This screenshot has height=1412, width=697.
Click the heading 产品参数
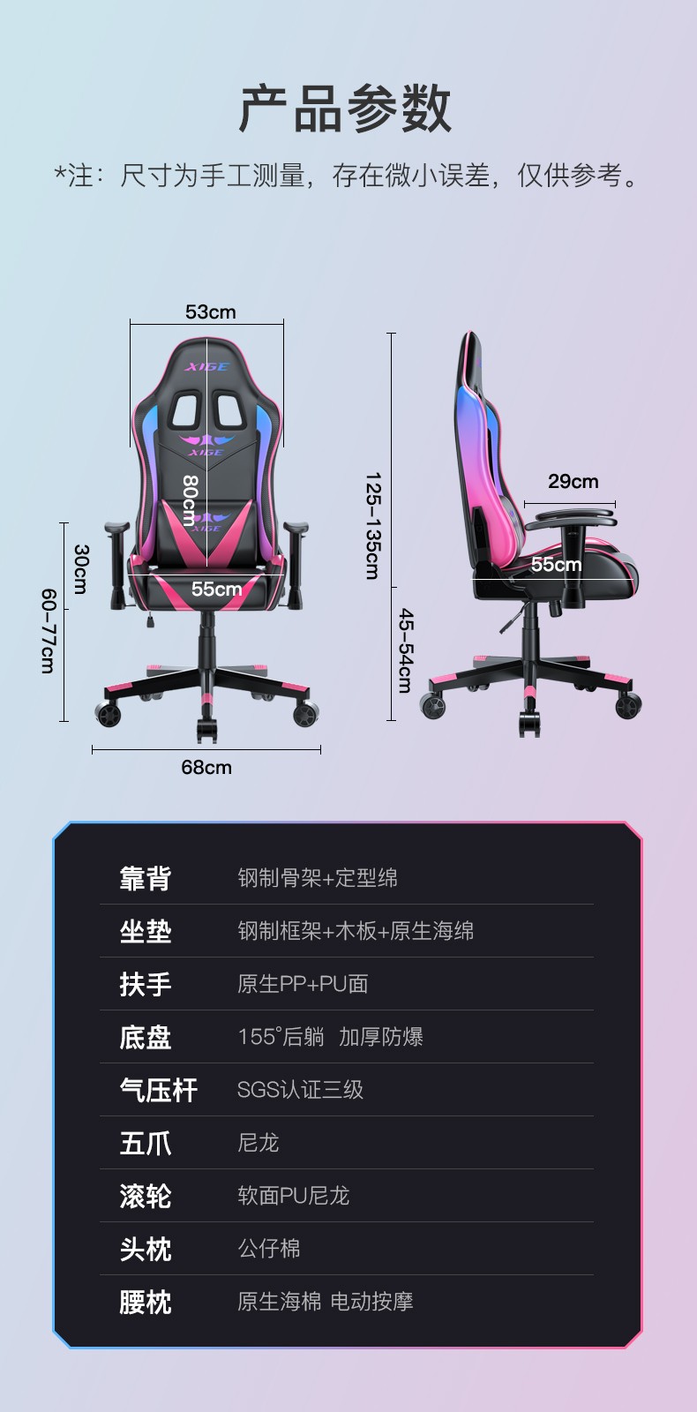pyautogui.click(x=346, y=109)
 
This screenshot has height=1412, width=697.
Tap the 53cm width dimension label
pyautogui.click(x=210, y=312)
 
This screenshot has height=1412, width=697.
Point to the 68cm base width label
pyautogui.click(x=206, y=767)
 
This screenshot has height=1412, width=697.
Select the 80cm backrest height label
pyautogui.click(x=190, y=499)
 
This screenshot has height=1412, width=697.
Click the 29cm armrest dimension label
pyautogui.click(x=573, y=481)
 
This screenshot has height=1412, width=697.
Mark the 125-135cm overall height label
pyautogui.click(x=373, y=526)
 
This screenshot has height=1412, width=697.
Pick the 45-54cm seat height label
pyautogui.click(x=405, y=650)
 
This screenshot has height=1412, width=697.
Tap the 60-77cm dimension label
pyautogui.click(x=48, y=632)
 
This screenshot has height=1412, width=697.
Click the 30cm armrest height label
pyautogui.click(x=81, y=569)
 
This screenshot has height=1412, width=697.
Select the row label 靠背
pyautogui.click(x=146, y=878)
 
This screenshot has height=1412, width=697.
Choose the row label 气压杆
pyautogui.click(x=159, y=1090)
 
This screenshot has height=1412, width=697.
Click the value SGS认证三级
pyautogui.click(x=300, y=1090)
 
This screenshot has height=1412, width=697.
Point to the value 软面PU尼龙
pyautogui.click(x=294, y=1196)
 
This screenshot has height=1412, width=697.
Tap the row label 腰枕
pyautogui.click(x=146, y=1302)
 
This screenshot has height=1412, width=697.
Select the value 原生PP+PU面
pyautogui.click(x=303, y=984)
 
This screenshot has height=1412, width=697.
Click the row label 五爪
pyautogui.click(x=146, y=1143)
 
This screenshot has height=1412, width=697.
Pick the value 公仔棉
pyautogui.click(x=269, y=1249)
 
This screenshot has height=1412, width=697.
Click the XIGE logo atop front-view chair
pyautogui.click(x=206, y=366)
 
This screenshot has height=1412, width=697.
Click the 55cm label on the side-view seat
pyautogui.click(x=556, y=564)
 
